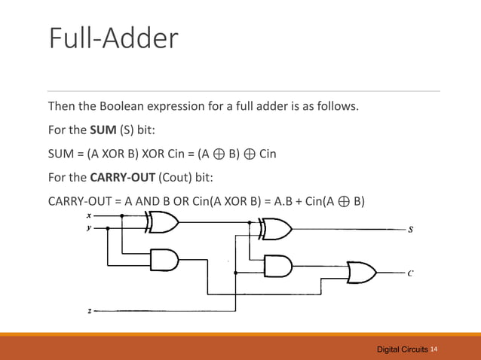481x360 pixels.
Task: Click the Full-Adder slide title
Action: (113, 39)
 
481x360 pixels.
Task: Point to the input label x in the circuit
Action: (90, 214)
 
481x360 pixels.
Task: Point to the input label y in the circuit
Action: (90, 227)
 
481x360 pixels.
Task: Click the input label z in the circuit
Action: (90, 310)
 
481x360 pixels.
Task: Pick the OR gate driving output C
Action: (362, 272)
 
